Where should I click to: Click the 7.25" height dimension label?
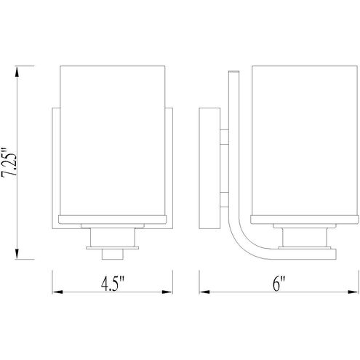pyautogui.click(x=9, y=161)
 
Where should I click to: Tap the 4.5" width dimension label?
pyautogui.click(x=112, y=284)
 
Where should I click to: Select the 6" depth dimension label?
pyautogui.click(x=279, y=284)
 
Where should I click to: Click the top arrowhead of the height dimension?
pyautogui.click(x=17, y=72)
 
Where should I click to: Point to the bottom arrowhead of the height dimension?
pyautogui.click(x=17, y=253)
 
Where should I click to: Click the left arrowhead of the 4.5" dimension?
pyautogui.click(x=57, y=292)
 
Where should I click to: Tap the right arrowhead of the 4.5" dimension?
pyautogui.click(x=167, y=292)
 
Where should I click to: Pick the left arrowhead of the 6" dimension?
pyautogui.click(x=204, y=292)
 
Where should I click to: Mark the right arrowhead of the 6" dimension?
pyautogui.click(x=353, y=292)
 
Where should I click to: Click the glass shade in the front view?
pyautogui.click(x=113, y=140)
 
